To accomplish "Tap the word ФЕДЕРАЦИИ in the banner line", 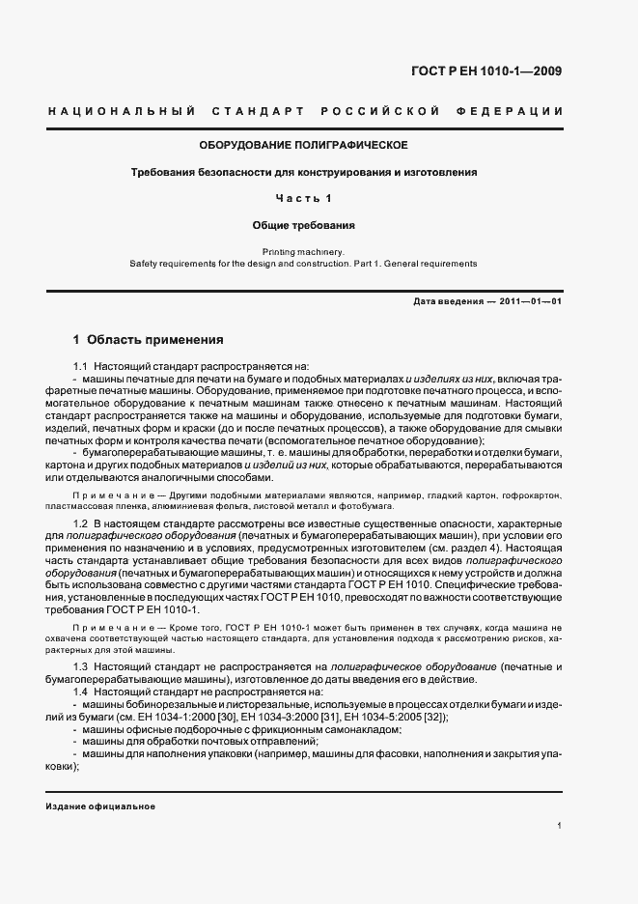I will tap(517, 113).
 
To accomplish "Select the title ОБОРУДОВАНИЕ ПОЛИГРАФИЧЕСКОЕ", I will tap(304, 145).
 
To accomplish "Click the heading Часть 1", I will tap(304, 199).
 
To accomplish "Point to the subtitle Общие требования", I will tap(304, 225).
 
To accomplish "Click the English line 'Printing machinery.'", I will tap(304, 251).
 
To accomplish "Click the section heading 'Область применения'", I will tap(155, 340).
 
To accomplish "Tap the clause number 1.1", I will tap(81, 366).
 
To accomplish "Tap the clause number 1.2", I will tap(81, 523).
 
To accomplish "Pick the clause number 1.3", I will tap(81, 667).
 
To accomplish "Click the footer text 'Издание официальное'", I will tap(100, 806).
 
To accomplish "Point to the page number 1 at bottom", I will tap(560, 826).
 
